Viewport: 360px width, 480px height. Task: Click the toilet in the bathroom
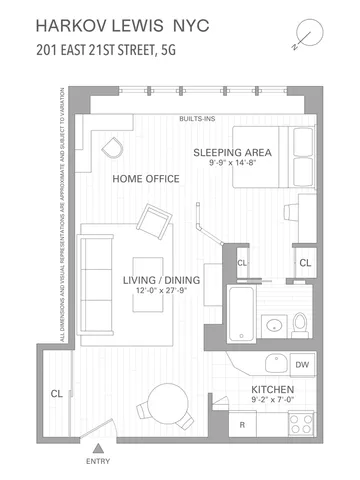[x=302, y=323]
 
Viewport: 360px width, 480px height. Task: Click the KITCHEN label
[x=270, y=394]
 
